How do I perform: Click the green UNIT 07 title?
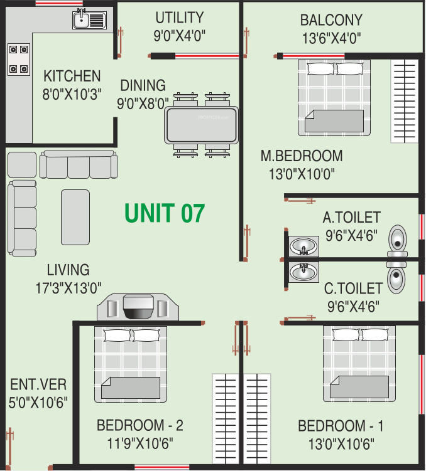[x=165, y=213]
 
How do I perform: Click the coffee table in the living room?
[x=75, y=217]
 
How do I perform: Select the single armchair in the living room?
[x=21, y=165]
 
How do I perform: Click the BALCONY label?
[x=331, y=19]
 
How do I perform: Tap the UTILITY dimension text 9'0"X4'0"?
[x=179, y=36]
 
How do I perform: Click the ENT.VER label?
[x=38, y=384]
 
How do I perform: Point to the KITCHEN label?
[x=72, y=77]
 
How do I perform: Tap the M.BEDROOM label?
[x=302, y=156]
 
